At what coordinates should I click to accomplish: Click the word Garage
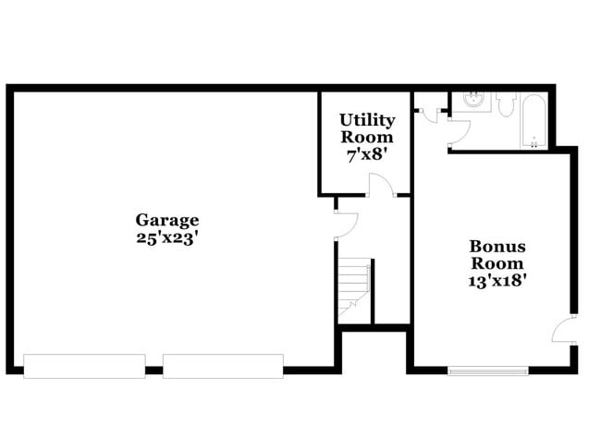click(x=167, y=220)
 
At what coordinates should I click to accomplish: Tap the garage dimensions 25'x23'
click(x=167, y=237)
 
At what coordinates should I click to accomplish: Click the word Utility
click(x=367, y=120)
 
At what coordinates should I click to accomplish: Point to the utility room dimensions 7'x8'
click(x=367, y=155)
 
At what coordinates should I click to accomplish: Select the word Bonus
click(x=497, y=247)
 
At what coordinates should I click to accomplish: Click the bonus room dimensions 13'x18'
click(x=497, y=282)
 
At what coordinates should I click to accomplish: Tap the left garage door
click(x=84, y=366)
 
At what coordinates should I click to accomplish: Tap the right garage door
click(x=223, y=366)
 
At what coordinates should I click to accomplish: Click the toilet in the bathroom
click(x=505, y=104)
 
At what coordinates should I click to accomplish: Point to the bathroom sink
click(x=473, y=101)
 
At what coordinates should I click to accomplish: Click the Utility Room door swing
click(x=381, y=185)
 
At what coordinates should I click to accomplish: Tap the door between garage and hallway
click(x=346, y=225)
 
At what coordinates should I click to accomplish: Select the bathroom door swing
click(x=460, y=131)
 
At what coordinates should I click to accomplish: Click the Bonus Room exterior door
click(x=565, y=330)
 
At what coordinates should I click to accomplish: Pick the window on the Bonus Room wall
click(x=488, y=371)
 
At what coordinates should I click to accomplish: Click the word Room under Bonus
click(x=497, y=264)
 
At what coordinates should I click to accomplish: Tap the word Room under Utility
click(x=367, y=138)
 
